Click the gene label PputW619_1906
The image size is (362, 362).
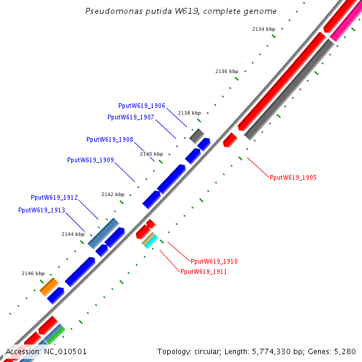142,106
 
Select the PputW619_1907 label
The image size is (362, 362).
131,117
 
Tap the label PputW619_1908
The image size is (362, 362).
110,139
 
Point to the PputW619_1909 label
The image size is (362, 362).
91,160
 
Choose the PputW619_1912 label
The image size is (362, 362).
54,198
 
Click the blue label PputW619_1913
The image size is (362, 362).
42,210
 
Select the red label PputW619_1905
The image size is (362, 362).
293,177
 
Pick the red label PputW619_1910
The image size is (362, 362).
214,261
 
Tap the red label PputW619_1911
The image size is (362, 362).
204,271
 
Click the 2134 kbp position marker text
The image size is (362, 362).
264,29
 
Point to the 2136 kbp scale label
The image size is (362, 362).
227,71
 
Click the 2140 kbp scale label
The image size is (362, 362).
151,154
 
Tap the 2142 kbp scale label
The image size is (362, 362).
113,194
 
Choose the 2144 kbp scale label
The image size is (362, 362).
73,234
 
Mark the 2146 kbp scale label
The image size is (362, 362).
33,273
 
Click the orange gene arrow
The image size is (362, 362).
49,287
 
